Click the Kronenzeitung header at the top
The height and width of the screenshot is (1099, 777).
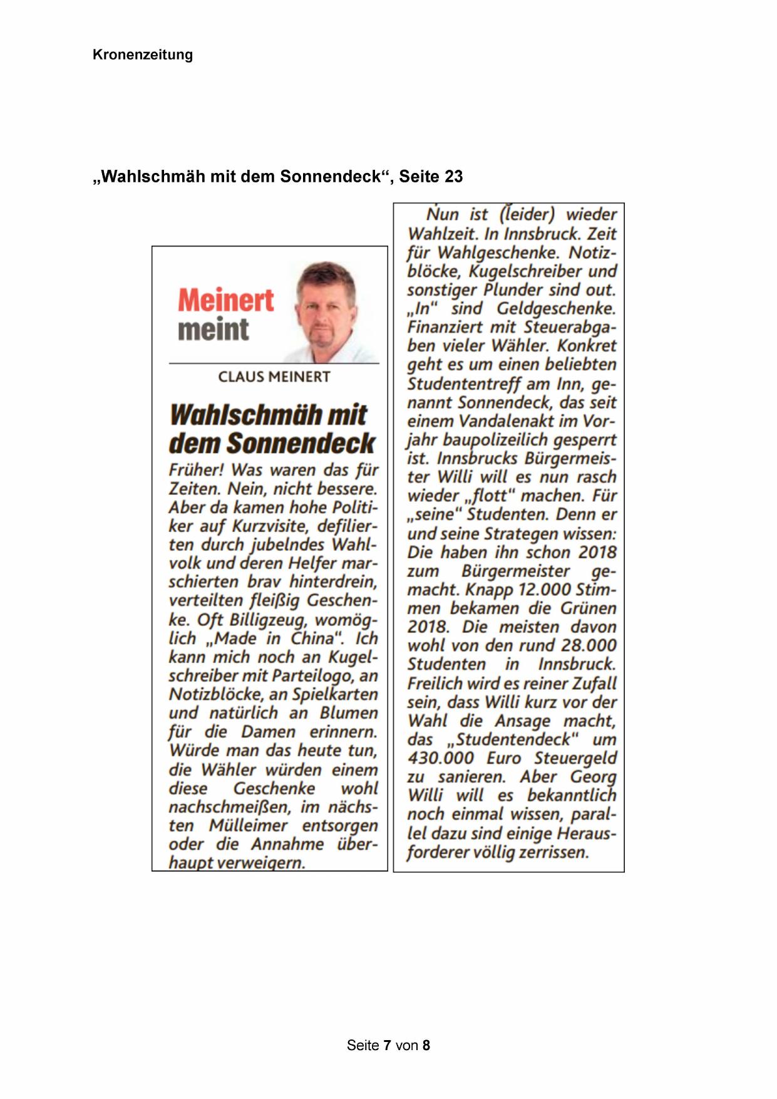(x=143, y=55)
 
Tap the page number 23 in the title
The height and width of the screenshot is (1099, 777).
(x=453, y=177)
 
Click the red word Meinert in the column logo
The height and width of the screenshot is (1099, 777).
(x=226, y=300)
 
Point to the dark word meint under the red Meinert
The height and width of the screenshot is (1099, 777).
(x=214, y=330)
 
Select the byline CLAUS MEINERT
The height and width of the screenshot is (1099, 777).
(x=274, y=377)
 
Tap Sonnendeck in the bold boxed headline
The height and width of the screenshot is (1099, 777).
(x=301, y=443)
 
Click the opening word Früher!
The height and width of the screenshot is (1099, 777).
(x=197, y=470)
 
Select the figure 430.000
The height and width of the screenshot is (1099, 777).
(x=441, y=758)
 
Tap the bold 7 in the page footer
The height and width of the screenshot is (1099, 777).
(x=388, y=1045)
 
